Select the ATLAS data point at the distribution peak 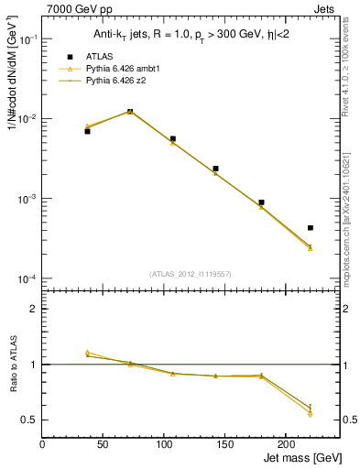(x=130, y=112)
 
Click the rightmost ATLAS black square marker (x=310, y=227)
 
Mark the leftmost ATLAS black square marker (x=87, y=131)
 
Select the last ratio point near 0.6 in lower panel (x=310, y=408)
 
